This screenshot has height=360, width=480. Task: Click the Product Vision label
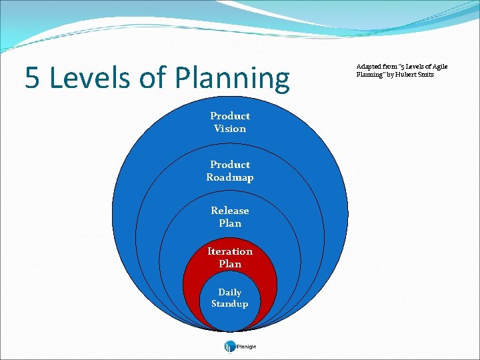coord(230,122)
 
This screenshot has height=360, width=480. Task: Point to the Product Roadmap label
coord(230,171)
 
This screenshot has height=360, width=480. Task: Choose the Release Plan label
coord(230,217)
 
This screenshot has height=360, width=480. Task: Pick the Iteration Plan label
coord(230,257)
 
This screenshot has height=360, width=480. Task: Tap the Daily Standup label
coord(230,298)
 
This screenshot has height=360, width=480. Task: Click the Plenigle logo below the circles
coord(240,346)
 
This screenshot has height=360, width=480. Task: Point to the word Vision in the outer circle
coord(230,129)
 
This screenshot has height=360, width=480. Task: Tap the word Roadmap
coord(230,177)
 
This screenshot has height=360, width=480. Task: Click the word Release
coord(230,211)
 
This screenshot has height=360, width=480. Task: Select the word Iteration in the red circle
coord(230,251)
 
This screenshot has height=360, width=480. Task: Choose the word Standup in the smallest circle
coord(230,304)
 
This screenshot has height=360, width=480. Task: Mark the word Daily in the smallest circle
coord(230,292)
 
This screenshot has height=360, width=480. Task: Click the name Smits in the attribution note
coord(427,75)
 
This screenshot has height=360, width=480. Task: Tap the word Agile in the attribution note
coord(439,67)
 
